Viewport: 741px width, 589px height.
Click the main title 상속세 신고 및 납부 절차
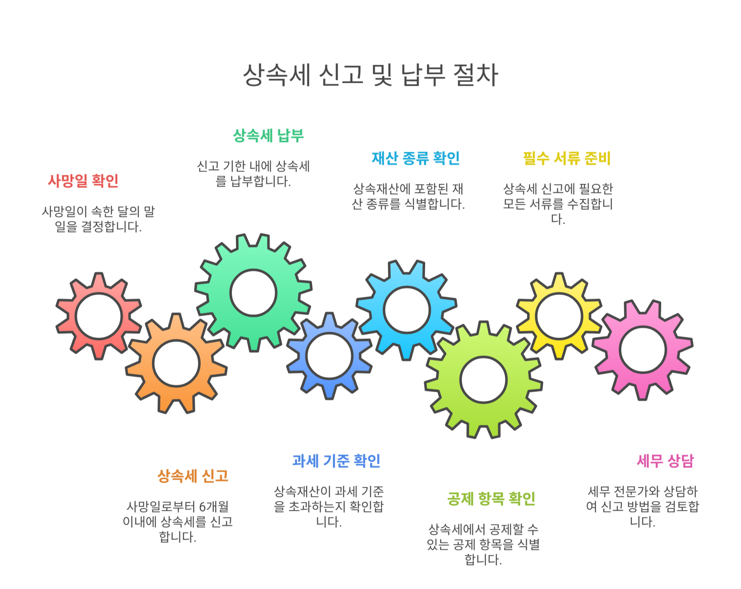point(370,75)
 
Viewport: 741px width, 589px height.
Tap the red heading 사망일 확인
point(83,181)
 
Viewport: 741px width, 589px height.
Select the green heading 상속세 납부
point(268,135)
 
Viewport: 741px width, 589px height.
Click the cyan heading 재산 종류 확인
point(415,158)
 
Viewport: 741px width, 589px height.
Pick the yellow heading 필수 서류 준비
point(567,158)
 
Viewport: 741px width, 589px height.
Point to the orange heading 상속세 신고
point(193,476)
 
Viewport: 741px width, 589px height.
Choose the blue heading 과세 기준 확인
point(336,461)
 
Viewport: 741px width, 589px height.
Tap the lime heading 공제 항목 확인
point(491,499)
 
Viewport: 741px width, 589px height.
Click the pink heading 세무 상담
point(665,461)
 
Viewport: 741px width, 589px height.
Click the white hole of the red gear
point(99,317)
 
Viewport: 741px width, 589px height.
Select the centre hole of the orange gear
point(176,363)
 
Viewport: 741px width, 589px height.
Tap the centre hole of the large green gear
point(253,293)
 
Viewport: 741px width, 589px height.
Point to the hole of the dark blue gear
point(329,356)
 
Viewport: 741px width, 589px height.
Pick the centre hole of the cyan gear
point(407,310)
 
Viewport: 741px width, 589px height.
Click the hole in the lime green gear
point(483,380)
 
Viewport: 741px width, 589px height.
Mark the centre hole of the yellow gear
point(559,316)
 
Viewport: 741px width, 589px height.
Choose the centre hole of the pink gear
point(643,350)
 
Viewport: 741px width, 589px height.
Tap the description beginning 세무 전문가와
point(642,506)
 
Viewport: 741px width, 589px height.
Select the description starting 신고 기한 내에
point(253,174)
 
